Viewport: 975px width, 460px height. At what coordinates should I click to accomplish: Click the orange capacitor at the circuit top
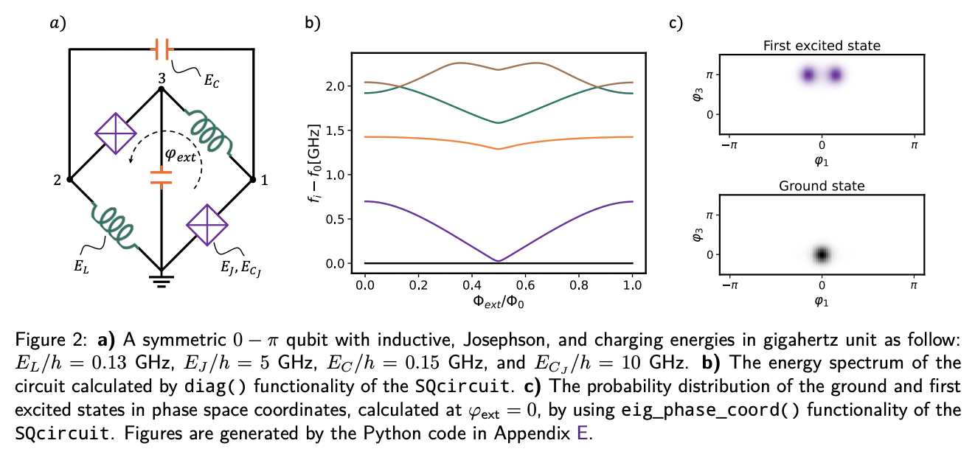[161, 49]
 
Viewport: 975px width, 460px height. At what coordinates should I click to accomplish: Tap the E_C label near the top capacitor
[212, 77]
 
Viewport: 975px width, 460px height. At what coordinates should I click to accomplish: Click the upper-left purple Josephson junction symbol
[116, 133]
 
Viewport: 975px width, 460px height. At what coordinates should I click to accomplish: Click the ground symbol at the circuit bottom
[161, 279]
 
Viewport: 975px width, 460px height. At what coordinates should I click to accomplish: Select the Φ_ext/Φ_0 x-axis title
[499, 302]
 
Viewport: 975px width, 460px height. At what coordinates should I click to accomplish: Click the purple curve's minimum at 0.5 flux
[499, 260]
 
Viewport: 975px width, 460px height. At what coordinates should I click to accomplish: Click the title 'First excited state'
[821, 46]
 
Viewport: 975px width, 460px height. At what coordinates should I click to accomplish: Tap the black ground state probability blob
[822, 254]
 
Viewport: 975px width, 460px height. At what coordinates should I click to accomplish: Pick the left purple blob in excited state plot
[808, 74]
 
